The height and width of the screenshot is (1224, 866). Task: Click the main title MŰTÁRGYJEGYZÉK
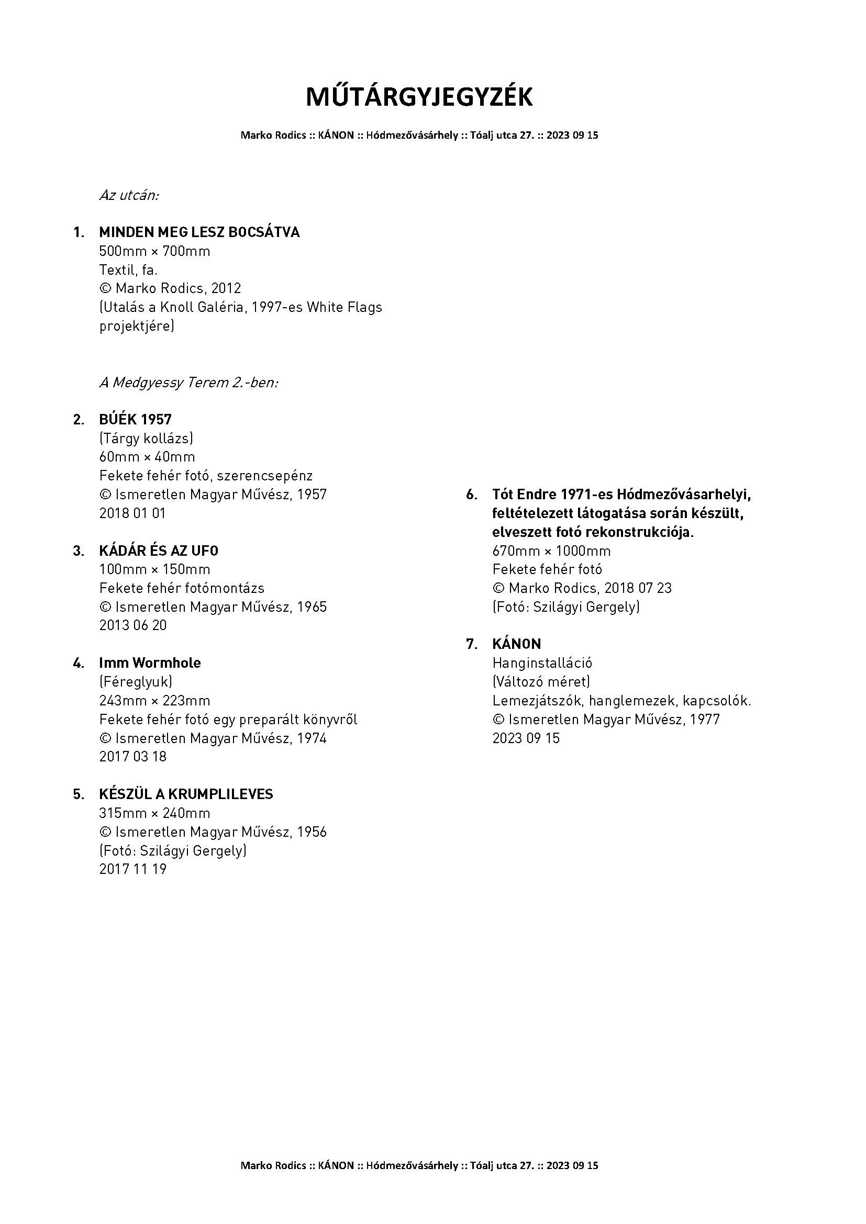click(x=419, y=97)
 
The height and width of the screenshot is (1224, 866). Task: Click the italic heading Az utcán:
click(x=129, y=195)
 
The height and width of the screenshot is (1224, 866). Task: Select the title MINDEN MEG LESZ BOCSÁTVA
click(x=199, y=232)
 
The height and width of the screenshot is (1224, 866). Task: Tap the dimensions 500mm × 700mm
click(x=154, y=251)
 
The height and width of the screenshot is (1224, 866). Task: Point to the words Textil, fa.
click(x=128, y=269)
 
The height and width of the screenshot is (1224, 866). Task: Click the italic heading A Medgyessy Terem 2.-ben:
click(x=189, y=382)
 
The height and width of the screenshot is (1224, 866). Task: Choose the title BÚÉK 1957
click(x=136, y=420)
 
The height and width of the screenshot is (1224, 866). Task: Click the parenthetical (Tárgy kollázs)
click(x=146, y=438)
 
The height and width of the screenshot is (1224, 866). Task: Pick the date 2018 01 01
click(x=133, y=513)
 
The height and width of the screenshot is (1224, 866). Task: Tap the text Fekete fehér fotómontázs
click(x=182, y=588)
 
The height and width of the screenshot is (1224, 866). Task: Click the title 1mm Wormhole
click(x=150, y=663)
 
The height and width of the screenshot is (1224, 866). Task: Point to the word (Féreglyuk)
click(x=136, y=682)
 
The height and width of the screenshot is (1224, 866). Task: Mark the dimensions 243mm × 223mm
click(x=154, y=701)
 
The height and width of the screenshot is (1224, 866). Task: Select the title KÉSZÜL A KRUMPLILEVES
click(x=186, y=794)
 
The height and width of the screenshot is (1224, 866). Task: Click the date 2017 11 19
click(x=133, y=869)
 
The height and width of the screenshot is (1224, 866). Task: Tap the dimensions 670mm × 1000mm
click(x=551, y=551)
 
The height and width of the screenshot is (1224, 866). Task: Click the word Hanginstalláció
click(x=542, y=663)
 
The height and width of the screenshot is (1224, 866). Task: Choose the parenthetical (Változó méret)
click(x=541, y=682)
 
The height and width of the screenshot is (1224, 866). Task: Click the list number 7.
click(x=471, y=645)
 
